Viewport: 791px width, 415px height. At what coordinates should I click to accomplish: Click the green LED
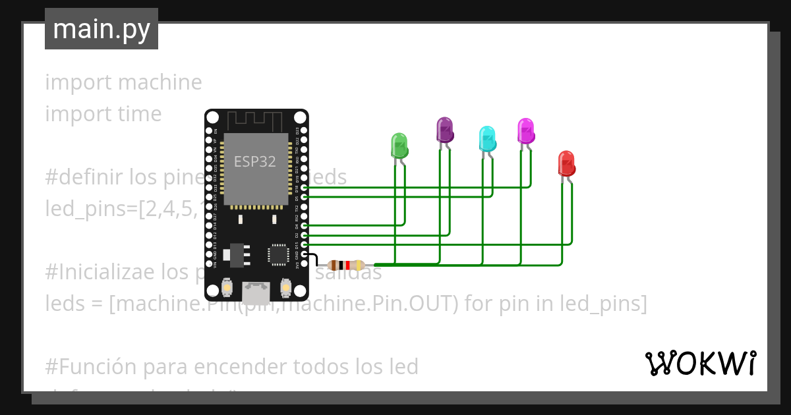tap(399, 145)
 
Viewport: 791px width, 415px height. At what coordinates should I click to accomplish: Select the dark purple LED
tap(445, 130)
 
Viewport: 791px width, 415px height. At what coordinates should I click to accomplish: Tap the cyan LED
tap(487, 138)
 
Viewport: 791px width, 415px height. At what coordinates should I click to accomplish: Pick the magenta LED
tap(525, 130)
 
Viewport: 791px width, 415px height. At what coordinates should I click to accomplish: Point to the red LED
tap(566, 163)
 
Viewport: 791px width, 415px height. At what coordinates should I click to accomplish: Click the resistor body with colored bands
tap(346, 265)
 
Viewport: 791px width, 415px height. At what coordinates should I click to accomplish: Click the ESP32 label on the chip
tap(255, 161)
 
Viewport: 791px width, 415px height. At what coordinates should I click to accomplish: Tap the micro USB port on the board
tap(256, 290)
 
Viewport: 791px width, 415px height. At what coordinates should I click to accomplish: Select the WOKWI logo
tap(701, 363)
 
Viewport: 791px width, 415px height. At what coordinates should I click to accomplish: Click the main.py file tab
tap(102, 29)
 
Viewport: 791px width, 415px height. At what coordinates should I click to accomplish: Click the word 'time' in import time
tap(139, 114)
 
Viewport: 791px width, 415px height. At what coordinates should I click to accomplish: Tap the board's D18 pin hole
tap(304, 188)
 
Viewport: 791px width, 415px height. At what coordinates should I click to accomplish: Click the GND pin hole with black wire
tap(304, 254)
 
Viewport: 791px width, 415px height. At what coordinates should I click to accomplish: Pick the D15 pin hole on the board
tap(304, 244)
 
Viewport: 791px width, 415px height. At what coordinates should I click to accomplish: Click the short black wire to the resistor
tap(314, 258)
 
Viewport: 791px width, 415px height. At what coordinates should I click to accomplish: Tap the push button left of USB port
tap(226, 287)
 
